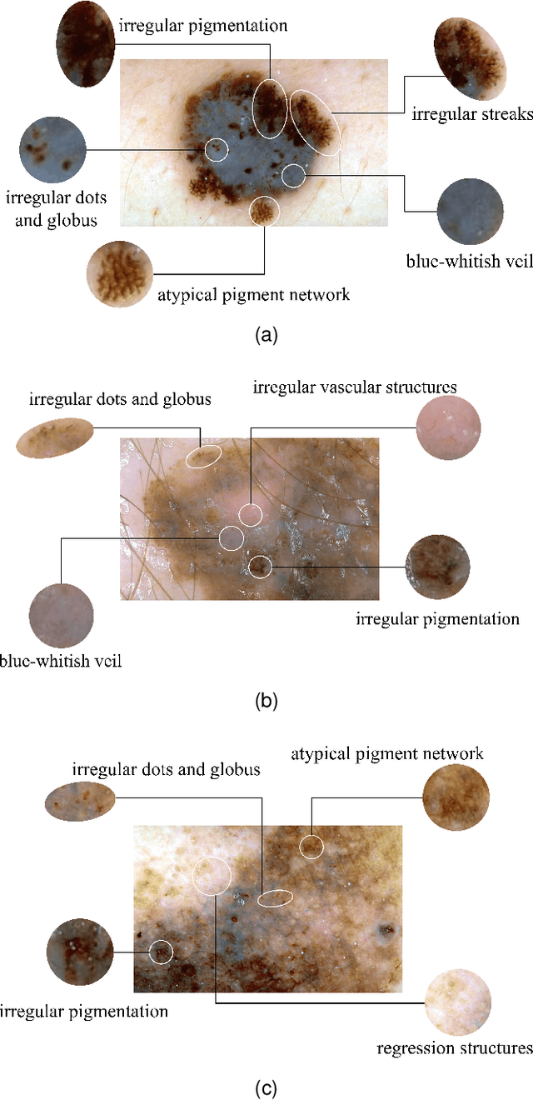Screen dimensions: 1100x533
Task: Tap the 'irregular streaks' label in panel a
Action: tap(471, 114)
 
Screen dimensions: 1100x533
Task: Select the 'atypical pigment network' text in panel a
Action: tap(253, 294)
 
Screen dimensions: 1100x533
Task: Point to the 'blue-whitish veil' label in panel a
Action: tap(469, 261)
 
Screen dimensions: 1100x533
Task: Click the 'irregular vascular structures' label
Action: tap(355, 387)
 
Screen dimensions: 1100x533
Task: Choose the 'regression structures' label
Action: tap(454, 1048)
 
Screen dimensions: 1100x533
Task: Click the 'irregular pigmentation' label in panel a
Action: tap(203, 25)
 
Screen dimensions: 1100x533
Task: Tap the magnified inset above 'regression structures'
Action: tap(457, 1002)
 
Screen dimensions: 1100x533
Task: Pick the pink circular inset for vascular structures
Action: tap(448, 427)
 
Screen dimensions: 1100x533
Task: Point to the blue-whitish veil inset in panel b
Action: tap(61, 618)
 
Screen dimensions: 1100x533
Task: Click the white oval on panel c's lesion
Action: tap(275, 898)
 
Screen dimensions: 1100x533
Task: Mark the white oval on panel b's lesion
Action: tap(204, 456)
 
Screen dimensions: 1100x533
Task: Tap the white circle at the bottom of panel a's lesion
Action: tap(264, 211)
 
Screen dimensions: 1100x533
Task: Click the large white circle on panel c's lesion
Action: tap(212, 875)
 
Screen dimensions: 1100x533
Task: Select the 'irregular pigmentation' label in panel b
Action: tap(437, 619)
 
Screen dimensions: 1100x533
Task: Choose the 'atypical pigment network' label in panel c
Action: tap(386, 754)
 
